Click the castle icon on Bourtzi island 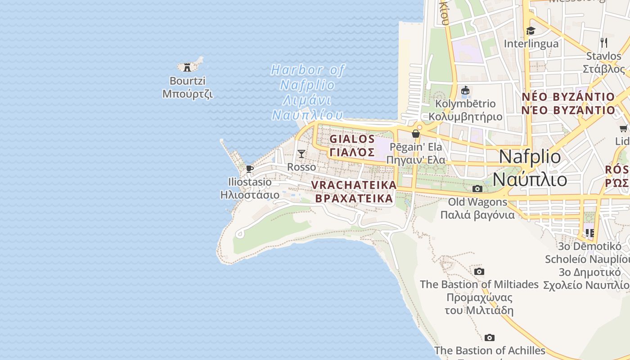tap(187, 67)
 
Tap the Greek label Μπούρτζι tap(187, 94)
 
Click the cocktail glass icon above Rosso tap(301, 154)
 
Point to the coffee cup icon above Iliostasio tap(250, 169)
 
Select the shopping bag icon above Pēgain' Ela tap(416, 134)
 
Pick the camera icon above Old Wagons tap(477, 189)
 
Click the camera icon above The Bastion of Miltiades tap(479, 271)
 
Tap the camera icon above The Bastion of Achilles tap(490, 337)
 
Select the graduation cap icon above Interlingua tap(531, 31)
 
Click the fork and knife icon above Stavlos tap(604, 43)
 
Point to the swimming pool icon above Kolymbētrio tap(465, 91)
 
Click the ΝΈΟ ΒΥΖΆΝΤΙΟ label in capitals tap(568, 110)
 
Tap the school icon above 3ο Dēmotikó tap(589, 233)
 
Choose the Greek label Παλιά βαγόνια tap(477, 215)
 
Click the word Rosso tap(301, 167)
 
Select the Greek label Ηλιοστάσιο tap(250, 195)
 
